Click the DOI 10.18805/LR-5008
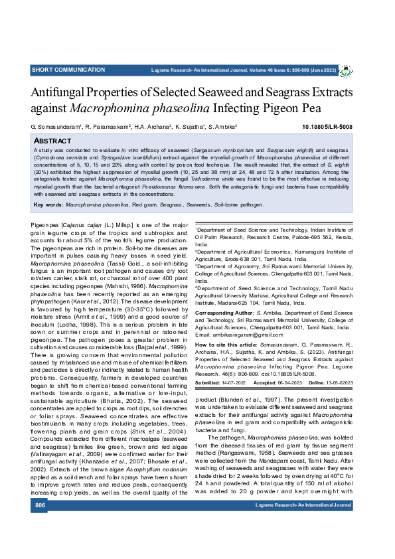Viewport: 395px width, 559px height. [327, 126]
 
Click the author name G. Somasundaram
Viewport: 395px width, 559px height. [56, 126]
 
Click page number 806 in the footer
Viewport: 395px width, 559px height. [40, 543]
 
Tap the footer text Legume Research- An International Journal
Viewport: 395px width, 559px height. [303, 543]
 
